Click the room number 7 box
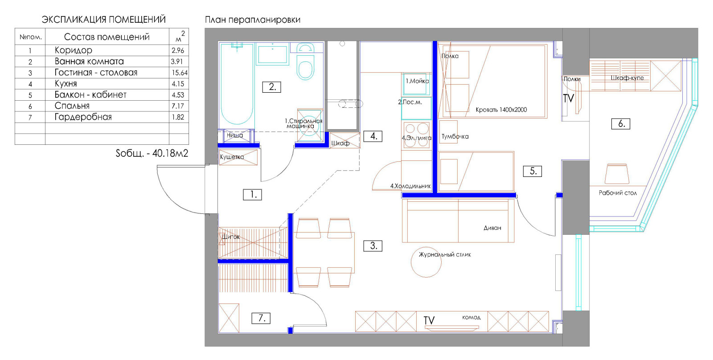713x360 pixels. pos(261,318)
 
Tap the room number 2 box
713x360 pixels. pos(271,87)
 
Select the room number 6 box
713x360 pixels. pos(621,124)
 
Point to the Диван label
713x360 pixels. pos(492,228)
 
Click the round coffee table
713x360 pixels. pos(426,262)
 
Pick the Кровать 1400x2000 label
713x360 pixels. pos(501,110)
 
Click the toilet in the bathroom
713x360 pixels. pos(305,63)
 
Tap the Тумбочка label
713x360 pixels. pos(455,136)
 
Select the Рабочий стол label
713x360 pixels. pos(618,193)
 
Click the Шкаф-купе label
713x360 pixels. pos(627,78)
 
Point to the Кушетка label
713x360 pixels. pos(232,157)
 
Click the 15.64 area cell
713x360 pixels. pos(180,73)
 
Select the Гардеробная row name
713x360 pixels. pos(83,117)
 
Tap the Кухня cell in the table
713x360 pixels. pos(66,84)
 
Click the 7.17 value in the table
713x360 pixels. pos(178,106)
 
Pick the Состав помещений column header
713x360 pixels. pos(107,37)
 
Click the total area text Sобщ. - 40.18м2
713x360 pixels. pos(152,153)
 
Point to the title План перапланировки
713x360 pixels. pos(252,20)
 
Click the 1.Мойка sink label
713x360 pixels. pos(417,81)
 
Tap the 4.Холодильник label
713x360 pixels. pos(410,186)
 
